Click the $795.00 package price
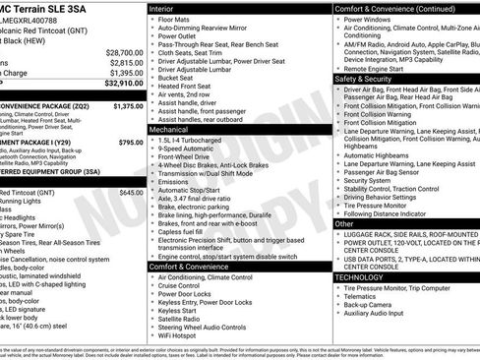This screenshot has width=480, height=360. [x=130, y=143]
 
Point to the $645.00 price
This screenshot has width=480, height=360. [x=130, y=193]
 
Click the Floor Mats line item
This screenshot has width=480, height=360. [x=173, y=20]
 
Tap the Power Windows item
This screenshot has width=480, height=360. [x=367, y=20]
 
